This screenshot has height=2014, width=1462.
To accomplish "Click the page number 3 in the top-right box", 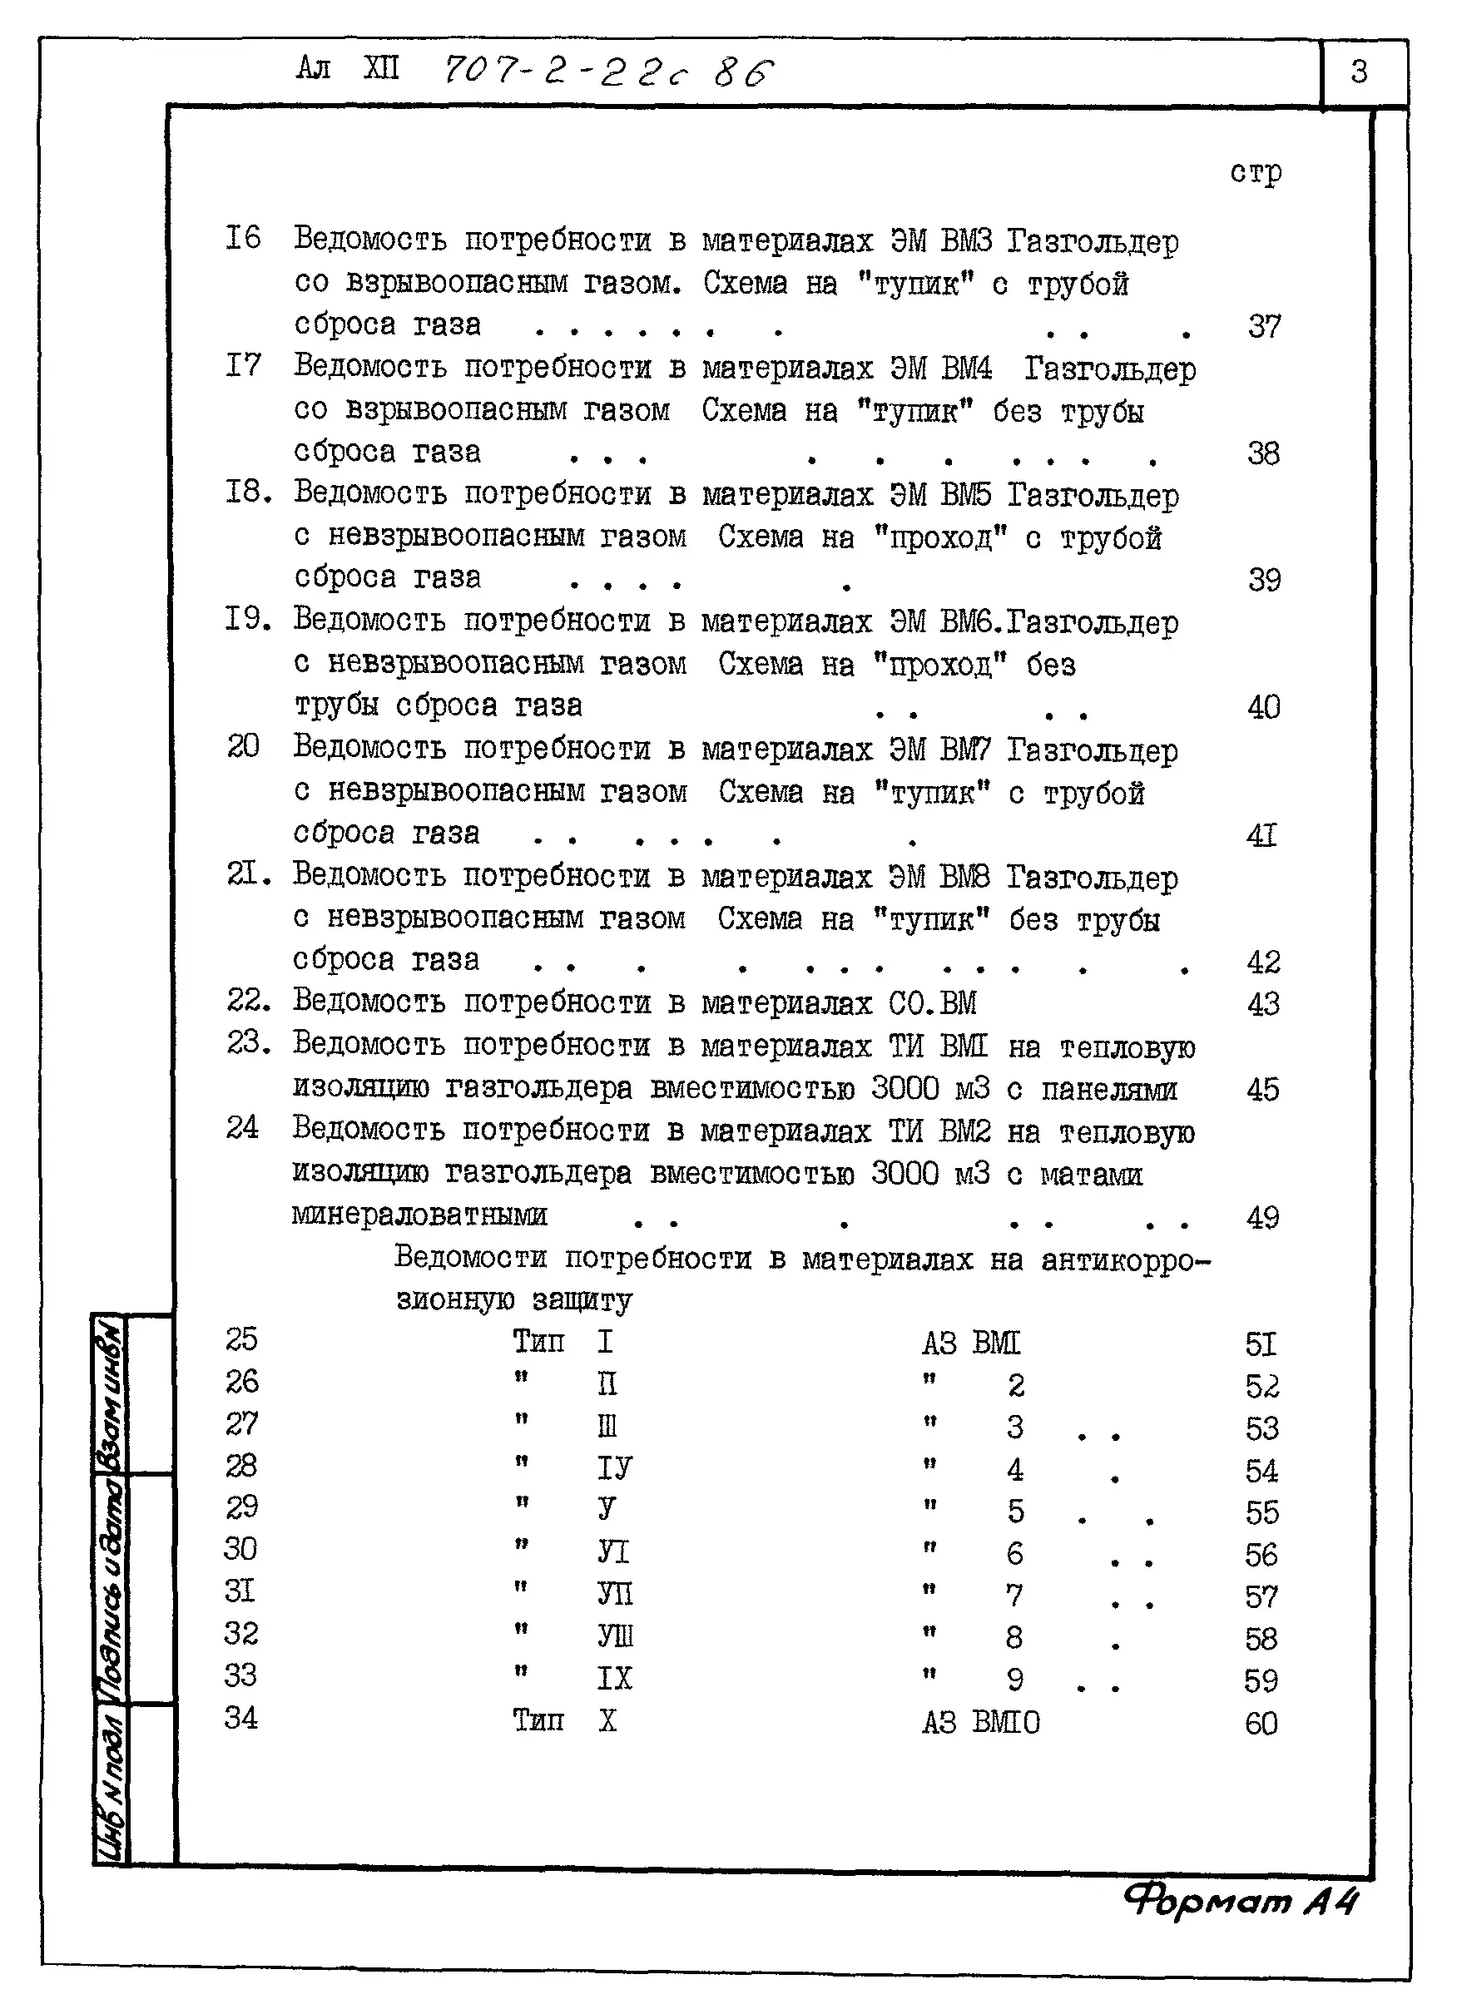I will click(1358, 71).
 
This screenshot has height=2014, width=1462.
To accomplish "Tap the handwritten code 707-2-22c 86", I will click(607, 71).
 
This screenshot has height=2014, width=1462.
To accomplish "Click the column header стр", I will click(1255, 172).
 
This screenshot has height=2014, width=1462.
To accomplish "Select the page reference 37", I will click(1263, 327).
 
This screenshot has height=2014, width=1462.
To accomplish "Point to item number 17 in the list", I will click(242, 365).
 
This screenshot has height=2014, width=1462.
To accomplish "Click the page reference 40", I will click(1263, 708).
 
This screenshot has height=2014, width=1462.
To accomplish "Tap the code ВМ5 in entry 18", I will click(964, 495).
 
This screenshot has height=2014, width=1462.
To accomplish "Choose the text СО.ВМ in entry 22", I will click(932, 1003).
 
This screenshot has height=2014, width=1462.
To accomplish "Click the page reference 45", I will click(1262, 1090).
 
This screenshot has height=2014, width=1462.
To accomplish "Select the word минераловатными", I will click(419, 1214).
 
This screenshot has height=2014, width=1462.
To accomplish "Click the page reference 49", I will click(1262, 1217).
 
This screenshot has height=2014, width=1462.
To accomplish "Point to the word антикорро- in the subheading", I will click(1125, 1259).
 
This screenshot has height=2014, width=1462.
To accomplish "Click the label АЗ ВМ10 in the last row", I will click(979, 1723).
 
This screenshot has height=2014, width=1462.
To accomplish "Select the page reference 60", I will click(1261, 1724).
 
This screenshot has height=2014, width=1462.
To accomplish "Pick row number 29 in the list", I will click(240, 1507).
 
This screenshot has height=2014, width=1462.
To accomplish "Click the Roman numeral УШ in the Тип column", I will click(615, 1635).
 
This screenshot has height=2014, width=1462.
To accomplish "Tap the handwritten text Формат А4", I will click(1240, 1901).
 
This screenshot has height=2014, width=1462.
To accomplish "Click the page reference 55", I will click(1261, 1512).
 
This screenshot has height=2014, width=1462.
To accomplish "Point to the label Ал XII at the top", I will click(347, 68).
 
